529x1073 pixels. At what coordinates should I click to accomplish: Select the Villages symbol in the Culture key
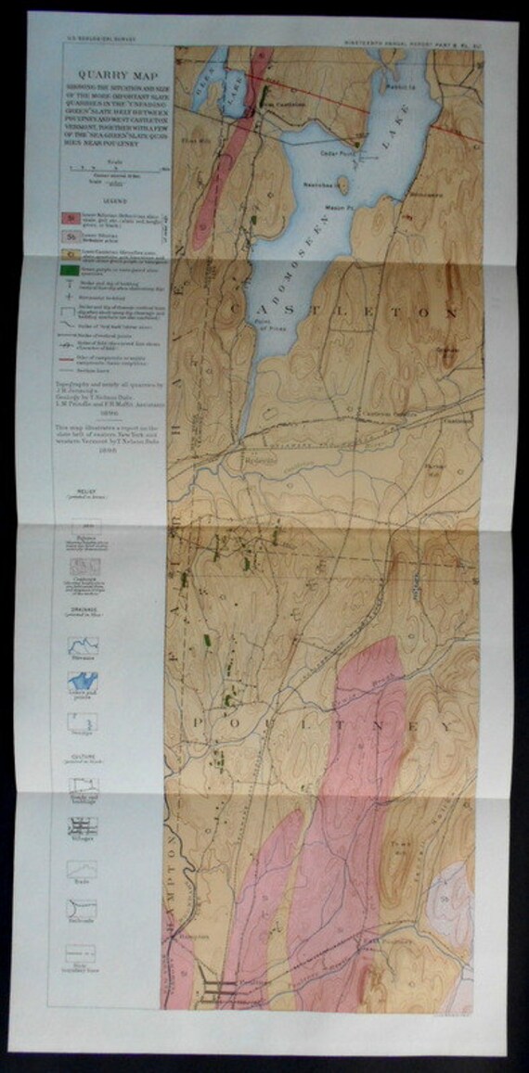[84, 824]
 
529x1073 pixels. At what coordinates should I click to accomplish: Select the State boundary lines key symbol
[84, 951]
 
